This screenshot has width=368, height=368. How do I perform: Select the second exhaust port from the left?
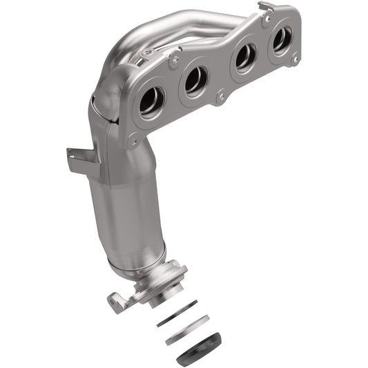[195, 81]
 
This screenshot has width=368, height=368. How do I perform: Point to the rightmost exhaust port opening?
[281, 40]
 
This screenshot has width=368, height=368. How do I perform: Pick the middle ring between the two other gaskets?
[186, 320]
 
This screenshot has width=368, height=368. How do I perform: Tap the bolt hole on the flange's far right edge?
[295, 59]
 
